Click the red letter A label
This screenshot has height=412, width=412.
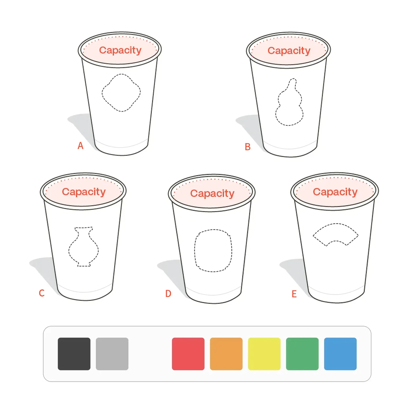click(x=80, y=145)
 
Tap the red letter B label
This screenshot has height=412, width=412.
click(x=248, y=147)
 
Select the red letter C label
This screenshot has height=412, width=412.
click(x=42, y=293)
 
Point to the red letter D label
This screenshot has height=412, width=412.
click(x=168, y=294)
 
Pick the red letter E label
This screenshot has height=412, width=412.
click(x=294, y=294)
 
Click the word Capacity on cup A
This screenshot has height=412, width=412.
click(x=120, y=50)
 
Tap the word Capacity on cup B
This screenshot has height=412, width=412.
click(x=289, y=51)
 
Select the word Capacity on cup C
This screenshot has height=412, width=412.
click(x=84, y=192)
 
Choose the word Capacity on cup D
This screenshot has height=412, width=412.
click(x=212, y=194)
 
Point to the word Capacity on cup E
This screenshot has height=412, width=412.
click(x=335, y=192)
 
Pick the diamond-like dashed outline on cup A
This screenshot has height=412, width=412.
click(x=102, y=93)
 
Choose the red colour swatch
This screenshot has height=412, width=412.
click(x=188, y=354)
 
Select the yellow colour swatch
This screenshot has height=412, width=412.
click(x=264, y=354)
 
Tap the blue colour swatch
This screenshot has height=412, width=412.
click(x=340, y=354)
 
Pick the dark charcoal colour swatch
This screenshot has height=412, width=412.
click(x=74, y=354)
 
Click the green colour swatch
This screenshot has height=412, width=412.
click(x=302, y=354)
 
